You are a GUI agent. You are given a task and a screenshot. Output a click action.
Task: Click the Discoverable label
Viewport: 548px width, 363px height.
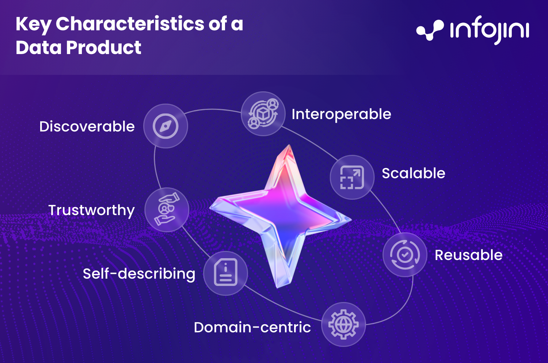(87, 127)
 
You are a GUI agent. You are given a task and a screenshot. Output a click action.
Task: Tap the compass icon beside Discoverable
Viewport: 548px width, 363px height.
(165, 126)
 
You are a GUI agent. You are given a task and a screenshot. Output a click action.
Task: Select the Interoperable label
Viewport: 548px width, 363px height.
(341, 114)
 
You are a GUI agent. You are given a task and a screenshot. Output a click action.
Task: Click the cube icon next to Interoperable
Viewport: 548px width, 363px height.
(263, 114)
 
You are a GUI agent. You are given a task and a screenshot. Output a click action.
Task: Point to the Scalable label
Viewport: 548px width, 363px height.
(413, 173)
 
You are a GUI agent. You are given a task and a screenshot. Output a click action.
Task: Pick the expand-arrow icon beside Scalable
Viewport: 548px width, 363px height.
(352, 177)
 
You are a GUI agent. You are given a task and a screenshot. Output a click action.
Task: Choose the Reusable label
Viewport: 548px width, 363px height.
(468, 255)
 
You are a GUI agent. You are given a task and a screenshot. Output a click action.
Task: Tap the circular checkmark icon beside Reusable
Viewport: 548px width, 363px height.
(405, 255)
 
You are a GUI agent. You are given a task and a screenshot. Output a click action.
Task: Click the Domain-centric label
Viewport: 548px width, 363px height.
(252, 328)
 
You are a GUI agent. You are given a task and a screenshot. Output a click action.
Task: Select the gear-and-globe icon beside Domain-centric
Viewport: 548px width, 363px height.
(343, 324)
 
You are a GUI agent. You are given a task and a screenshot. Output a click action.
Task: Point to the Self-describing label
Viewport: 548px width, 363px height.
(139, 274)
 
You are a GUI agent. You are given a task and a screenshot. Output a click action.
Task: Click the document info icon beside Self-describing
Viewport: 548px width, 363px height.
(225, 273)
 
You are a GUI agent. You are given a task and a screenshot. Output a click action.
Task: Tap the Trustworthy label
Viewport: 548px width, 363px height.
(91, 210)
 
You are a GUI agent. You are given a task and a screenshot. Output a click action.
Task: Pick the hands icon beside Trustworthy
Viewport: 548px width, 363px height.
(167, 210)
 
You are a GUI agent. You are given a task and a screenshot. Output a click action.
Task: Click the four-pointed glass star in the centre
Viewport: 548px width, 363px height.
(281, 215)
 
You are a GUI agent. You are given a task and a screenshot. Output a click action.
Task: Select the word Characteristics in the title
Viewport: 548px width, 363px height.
(130, 24)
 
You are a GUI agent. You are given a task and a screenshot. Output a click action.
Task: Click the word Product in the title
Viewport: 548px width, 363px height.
(104, 48)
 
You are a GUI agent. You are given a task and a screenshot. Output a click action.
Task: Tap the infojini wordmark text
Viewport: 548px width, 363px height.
(489, 30)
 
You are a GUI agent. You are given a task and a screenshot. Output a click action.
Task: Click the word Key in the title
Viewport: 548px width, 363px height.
(33, 24)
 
